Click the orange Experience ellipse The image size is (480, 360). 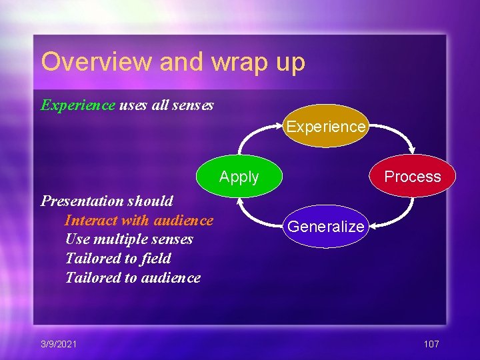click(x=326, y=126)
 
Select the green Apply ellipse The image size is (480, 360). click(x=239, y=177)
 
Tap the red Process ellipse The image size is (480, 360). click(x=413, y=177)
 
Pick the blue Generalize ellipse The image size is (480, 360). click(x=326, y=227)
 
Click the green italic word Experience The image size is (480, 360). click(x=78, y=105)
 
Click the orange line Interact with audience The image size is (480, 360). click(x=139, y=220)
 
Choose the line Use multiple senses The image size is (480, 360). click(x=129, y=239)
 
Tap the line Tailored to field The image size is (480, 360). click(x=118, y=259)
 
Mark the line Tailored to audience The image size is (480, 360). click(x=133, y=278)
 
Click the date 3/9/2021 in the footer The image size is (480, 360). click(x=59, y=344)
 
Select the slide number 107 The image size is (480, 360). click(x=431, y=344)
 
